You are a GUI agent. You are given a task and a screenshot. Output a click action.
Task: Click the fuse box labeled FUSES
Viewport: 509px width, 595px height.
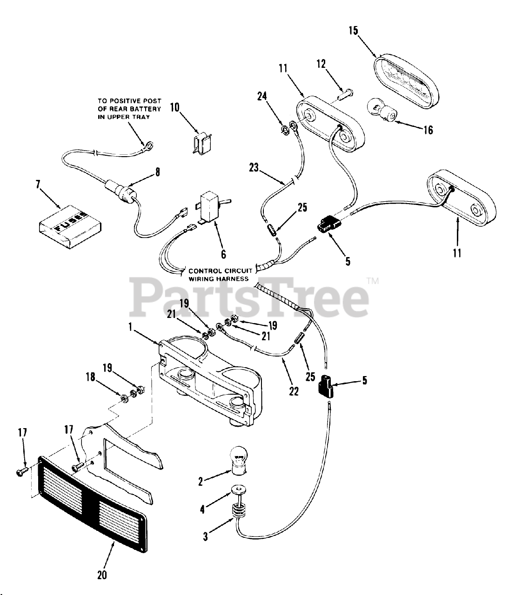tap(70, 227)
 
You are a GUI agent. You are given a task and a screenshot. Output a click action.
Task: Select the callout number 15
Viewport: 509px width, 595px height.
tap(353, 31)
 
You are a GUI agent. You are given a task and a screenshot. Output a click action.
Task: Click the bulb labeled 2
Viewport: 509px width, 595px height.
tap(238, 458)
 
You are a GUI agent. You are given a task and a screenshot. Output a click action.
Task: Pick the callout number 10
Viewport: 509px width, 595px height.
tap(174, 108)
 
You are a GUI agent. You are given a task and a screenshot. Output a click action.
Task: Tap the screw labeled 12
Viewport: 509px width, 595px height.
tap(345, 96)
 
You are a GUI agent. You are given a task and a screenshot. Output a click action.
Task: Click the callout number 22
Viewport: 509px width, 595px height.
tap(294, 392)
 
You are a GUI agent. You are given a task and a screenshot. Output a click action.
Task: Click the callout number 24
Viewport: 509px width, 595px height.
tap(262, 96)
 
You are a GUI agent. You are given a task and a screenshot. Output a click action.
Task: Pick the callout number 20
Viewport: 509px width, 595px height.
tap(102, 575)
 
